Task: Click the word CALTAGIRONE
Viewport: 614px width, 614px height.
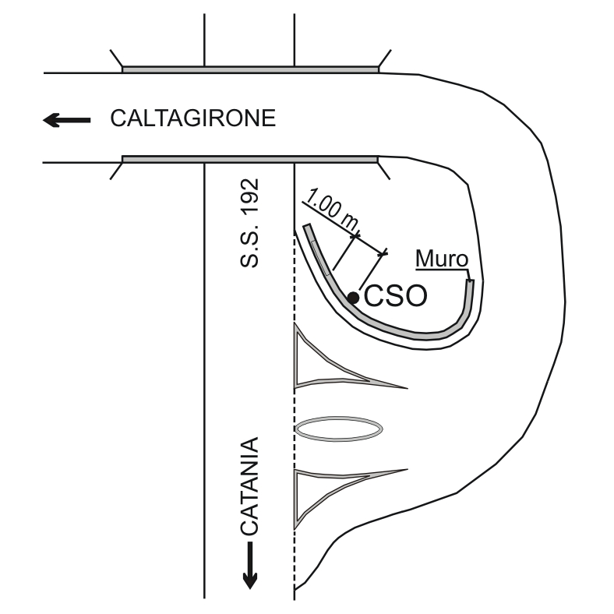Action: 192,119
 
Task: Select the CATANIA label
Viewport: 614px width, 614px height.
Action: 249,486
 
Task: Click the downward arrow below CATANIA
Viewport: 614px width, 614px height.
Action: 250,566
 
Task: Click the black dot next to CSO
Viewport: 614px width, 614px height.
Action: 353,298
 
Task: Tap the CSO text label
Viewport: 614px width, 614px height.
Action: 396,297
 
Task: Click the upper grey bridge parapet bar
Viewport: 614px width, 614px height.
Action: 250,69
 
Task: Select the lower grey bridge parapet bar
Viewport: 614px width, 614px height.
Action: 250,159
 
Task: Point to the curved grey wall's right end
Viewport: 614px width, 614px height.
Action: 469,284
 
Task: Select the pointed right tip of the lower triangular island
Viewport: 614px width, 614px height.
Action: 406,469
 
